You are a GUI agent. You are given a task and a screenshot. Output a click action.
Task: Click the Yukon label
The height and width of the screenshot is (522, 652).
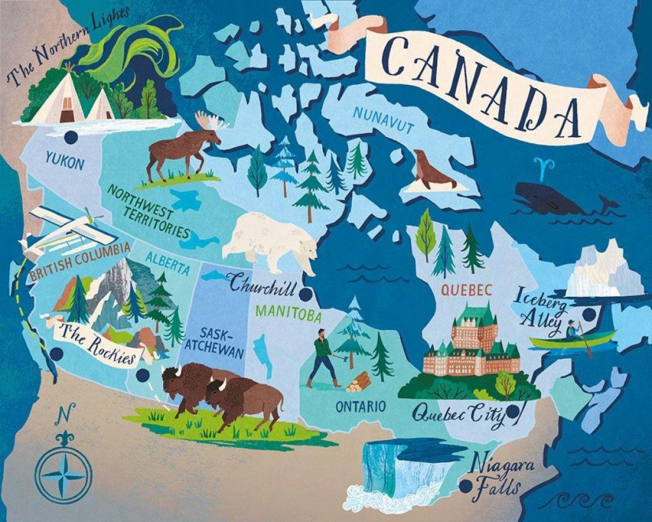[65, 164]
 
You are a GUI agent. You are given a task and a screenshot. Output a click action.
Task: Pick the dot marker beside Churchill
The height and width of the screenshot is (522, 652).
[308, 294]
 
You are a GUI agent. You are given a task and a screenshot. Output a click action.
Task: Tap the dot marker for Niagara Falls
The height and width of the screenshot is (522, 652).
[467, 486]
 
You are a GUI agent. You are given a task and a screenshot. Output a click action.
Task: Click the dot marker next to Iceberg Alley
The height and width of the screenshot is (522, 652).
[589, 314]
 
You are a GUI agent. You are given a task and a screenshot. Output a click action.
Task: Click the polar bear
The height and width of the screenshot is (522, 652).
[271, 239]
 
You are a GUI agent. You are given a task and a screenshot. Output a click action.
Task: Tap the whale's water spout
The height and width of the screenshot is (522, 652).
[543, 167]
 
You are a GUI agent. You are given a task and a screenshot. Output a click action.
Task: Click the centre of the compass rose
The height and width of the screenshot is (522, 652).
[63, 475]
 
